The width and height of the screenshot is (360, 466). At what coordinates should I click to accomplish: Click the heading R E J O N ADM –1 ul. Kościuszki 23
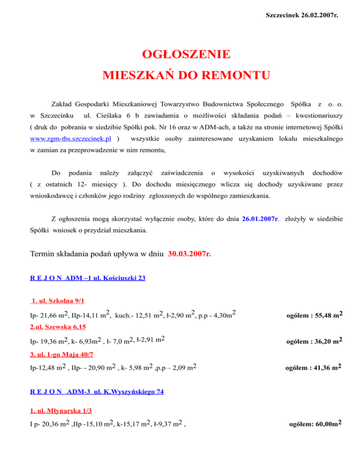tap(87, 278)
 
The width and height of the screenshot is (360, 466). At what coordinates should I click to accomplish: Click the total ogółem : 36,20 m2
tap(316, 340)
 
